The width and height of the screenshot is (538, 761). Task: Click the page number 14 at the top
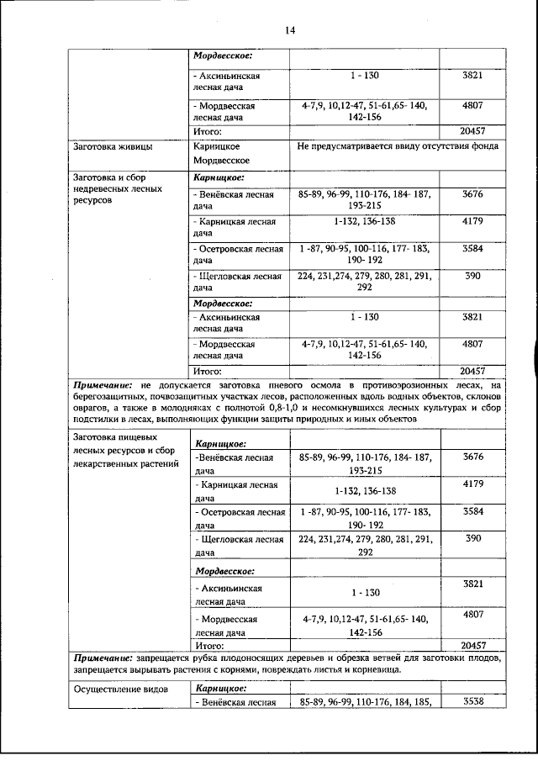(x=289, y=30)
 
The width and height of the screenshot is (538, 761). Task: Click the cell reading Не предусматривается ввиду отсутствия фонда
(x=398, y=145)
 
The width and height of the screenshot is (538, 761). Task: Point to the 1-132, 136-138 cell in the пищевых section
(x=365, y=490)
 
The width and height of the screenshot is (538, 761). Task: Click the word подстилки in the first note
(x=99, y=418)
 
